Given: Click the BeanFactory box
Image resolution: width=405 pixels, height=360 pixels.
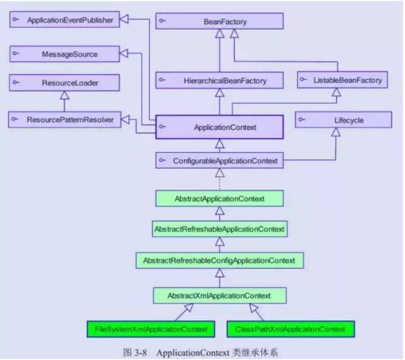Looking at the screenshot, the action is pyautogui.click(x=220, y=21).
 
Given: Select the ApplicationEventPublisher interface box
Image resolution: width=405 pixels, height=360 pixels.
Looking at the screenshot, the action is pyautogui.click(x=65, y=20).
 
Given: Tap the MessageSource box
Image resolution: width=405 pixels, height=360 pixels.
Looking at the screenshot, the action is pyautogui.click(x=65, y=54).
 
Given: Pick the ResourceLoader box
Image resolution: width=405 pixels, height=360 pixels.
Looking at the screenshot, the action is pyautogui.click(x=65, y=83).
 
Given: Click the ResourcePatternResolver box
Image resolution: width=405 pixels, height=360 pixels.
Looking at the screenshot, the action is pyautogui.click(x=65, y=120).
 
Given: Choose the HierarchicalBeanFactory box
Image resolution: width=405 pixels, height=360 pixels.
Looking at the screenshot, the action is pyautogui.click(x=220, y=80).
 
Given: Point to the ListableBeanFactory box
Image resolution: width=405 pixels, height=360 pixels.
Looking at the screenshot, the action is pyautogui.click(x=342, y=80).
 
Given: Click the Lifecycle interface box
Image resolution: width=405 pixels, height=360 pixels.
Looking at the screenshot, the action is pyautogui.click(x=344, y=120).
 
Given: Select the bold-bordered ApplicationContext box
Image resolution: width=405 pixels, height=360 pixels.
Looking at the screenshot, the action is pyautogui.click(x=220, y=127).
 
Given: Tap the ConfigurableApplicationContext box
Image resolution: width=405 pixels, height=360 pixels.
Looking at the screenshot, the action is pyautogui.click(x=220, y=160).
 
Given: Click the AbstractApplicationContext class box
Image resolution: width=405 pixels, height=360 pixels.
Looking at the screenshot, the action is pyautogui.click(x=220, y=199).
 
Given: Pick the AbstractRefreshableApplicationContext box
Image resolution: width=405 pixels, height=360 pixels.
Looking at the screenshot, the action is pyautogui.click(x=220, y=229).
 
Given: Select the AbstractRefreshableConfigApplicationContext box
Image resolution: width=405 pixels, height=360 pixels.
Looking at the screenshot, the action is pyautogui.click(x=220, y=260).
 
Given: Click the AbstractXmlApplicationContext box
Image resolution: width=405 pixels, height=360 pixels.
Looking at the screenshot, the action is pyautogui.click(x=220, y=295).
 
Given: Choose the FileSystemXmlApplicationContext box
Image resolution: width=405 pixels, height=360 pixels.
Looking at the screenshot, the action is pyautogui.click(x=151, y=329).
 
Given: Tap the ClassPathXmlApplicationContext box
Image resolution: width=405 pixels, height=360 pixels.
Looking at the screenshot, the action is pyautogui.click(x=290, y=329).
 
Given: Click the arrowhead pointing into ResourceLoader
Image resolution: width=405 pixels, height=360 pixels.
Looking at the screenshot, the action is pyautogui.click(x=65, y=95).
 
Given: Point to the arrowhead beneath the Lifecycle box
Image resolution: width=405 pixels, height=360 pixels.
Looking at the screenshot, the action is pyautogui.click(x=336, y=132).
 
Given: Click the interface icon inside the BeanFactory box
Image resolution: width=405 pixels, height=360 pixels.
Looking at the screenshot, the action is pyautogui.click(x=162, y=21).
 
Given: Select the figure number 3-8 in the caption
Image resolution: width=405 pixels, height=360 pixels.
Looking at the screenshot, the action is pyautogui.click(x=140, y=352).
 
